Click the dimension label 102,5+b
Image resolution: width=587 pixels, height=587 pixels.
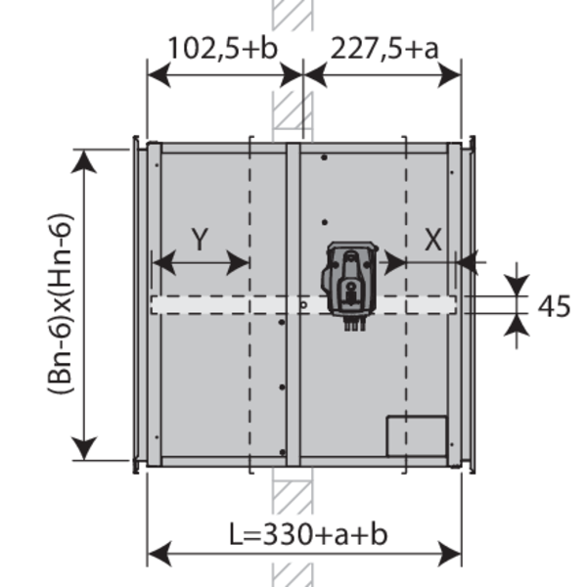click(223, 48)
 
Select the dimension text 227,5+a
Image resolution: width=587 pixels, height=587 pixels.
click(384, 49)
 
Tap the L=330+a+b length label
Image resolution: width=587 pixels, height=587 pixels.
click(308, 534)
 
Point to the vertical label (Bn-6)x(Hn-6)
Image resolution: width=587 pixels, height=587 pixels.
click(60, 303)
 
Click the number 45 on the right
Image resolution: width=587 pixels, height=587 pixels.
click(554, 306)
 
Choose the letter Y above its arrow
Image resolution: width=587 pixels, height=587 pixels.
click(200, 240)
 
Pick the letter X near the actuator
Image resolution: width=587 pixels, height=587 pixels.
click(433, 240)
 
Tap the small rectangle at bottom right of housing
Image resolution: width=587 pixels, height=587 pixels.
click(417, 436)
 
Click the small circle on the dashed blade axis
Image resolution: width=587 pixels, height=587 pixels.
click(303, 305)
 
